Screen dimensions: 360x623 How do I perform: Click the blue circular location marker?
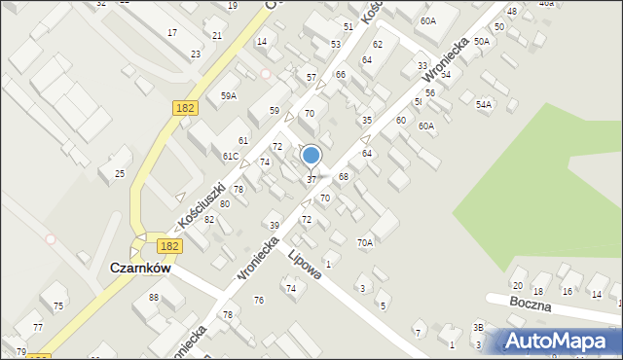(311, 155)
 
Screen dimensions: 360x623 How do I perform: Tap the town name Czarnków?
(141, 267)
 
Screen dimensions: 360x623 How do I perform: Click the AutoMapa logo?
(560, 340)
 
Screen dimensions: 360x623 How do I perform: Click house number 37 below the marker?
(311, 180)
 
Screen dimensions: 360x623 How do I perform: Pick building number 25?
(120, 174)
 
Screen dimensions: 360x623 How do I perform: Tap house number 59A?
(228, 96)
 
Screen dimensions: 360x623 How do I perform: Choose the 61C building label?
(231, 157)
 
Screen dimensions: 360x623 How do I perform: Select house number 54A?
(484, 104)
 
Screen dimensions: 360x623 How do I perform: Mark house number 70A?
(365, 242)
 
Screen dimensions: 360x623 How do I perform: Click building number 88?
(154, 297)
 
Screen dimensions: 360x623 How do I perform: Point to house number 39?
(275, 226)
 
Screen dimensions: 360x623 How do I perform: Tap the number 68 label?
(344, 176)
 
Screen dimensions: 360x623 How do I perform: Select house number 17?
(172, 33)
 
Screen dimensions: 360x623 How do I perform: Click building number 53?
(336, 45)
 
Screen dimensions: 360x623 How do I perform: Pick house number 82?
(209, 220)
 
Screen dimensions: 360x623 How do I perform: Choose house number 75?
(58, 306)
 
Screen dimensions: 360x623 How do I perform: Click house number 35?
(367, 121)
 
